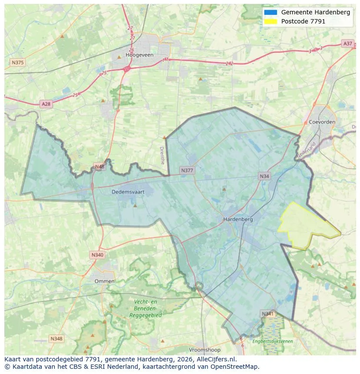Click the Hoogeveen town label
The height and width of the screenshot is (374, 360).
[x=137, y=55]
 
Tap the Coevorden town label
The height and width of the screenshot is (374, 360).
[x=322, y=122]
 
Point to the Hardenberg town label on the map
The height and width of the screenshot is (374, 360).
[x=238, y=219]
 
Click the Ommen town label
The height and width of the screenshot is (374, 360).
[x=105, y=281]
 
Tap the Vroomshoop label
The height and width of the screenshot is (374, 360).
[x=205, y=350]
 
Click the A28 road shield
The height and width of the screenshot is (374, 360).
[x=46, y=104]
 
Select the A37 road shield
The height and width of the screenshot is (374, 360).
[x=347, y=43]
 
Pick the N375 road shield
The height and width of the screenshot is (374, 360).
[x=18, y=63]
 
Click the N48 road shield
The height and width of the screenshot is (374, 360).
[x=100, y=166]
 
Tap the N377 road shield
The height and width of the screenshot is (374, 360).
[x=187, y=170]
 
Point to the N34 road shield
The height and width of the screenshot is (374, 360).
[x=264, y=176]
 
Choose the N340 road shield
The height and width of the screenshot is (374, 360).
[x=97, y=255]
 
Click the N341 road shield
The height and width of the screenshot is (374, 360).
[x=268, y=313]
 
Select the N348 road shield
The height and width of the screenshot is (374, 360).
[x=56, y=338]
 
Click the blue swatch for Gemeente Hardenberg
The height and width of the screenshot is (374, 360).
[x=270, y=12]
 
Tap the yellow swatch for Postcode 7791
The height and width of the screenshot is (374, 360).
[x=270, y=21]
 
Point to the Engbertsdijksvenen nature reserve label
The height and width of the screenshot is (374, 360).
[x=273, y=341]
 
